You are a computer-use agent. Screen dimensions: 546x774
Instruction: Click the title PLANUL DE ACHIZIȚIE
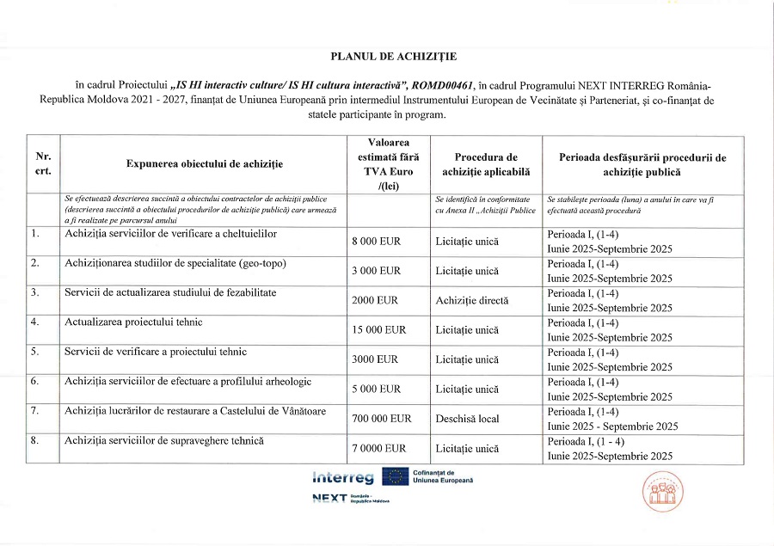[x=394, y=57]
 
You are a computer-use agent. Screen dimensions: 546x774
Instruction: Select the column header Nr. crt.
[x=43, y=163]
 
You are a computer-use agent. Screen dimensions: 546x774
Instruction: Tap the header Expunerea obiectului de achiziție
[x=204, y=163]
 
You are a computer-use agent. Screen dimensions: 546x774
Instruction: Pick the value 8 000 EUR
[x=377, y=242]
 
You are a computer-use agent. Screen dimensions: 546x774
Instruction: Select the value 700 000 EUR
[x=382, y=419]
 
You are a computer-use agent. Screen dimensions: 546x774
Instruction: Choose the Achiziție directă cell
[x=472, y=301]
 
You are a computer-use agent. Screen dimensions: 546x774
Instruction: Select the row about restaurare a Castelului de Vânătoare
[x=195, y=411]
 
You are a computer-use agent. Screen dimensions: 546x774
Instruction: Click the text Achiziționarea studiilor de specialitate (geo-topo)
[x=175, y=263]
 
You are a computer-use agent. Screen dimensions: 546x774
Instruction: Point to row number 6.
[x=35, y=381]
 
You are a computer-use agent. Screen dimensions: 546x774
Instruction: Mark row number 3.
[x=35, y=292]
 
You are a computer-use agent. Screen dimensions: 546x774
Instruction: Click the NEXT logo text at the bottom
[x=329, y=499]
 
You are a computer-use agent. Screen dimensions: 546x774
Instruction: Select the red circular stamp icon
[x=663, y=493]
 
